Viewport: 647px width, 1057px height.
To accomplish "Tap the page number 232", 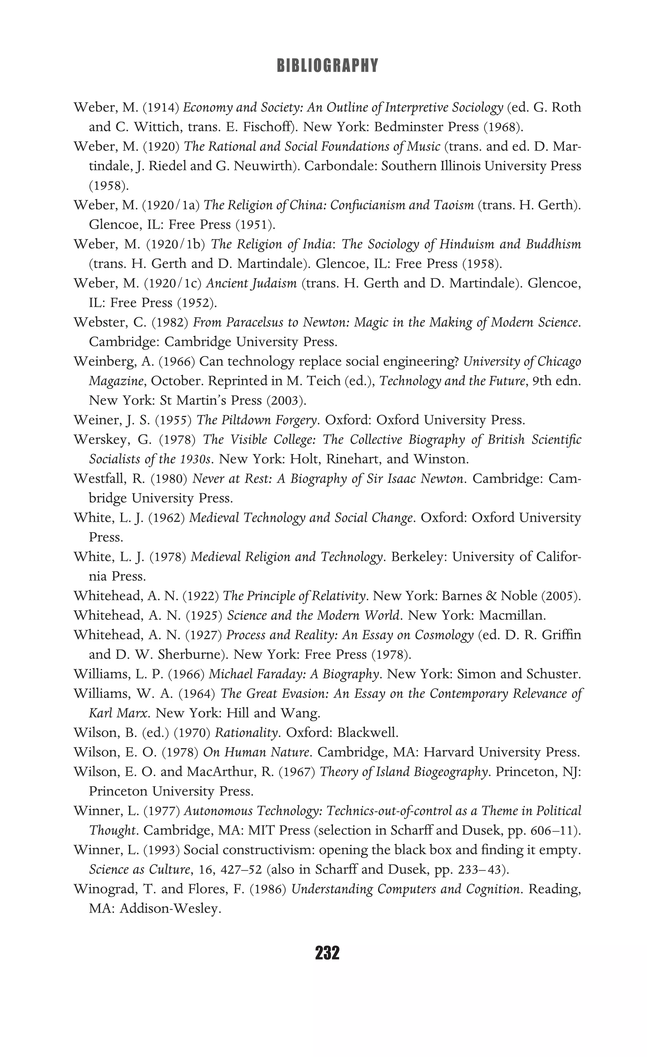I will [x=327, y=953].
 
